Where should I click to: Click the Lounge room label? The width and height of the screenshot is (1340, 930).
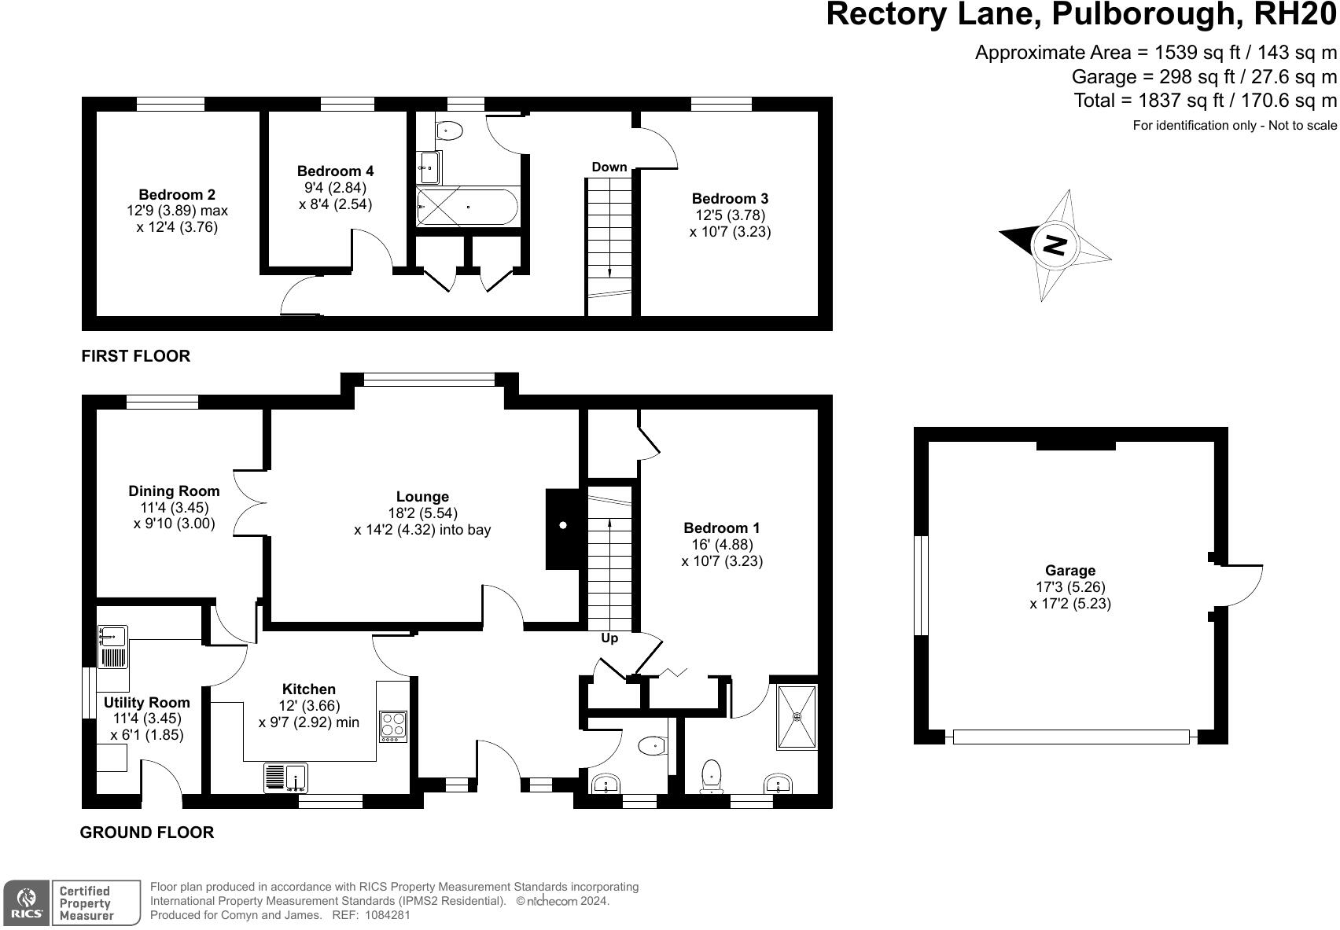coord(422,497)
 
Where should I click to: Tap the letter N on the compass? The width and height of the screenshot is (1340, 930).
coord(1054,244)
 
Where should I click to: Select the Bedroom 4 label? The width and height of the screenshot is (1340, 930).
coord(335,171)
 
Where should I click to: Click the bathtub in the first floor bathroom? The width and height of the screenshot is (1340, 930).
coord(467,207)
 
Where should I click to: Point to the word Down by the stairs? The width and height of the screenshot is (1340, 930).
coord(609,167)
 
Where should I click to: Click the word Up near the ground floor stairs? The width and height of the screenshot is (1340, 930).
coord(609,638)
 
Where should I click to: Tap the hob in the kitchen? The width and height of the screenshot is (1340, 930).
coord(393,726)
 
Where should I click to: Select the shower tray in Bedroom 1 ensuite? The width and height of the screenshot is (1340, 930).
coord(797,717)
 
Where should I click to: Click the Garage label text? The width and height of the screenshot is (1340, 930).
coord(1069,571)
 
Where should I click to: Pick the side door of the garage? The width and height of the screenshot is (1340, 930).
coord(1239,586)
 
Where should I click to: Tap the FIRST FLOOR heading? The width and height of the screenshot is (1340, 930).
coord(136,356)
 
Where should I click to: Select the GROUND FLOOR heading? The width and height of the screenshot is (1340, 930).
coord(147,833)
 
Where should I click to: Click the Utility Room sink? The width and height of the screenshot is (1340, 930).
coord(113,647)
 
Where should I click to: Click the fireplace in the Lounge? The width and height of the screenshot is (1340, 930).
coord(563,527)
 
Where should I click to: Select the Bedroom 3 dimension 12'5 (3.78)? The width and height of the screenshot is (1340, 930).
coord(730,215)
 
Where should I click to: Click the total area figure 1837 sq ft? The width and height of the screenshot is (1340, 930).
coord(1150,101)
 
